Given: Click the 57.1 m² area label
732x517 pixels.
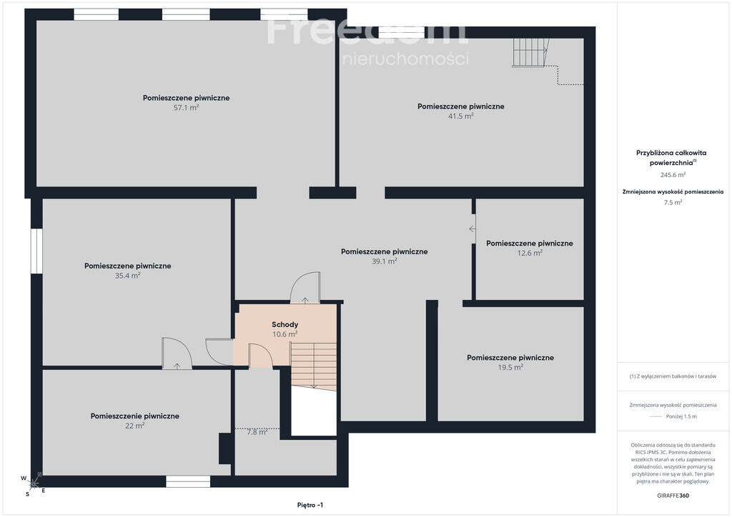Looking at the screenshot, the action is (187, 108).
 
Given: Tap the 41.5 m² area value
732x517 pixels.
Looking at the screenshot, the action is (461, 116).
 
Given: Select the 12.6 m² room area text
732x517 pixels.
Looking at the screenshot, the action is (530, 253).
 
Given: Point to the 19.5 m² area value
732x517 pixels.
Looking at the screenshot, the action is (510, 367).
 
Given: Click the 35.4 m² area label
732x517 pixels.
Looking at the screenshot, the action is (127, 276).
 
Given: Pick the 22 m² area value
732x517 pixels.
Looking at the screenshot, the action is (134, 426).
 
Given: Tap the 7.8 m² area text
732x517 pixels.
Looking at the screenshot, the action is (257, 432).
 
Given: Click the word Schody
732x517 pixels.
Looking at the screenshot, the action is (285, 324).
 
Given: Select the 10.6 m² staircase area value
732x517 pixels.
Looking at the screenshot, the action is (285, 334).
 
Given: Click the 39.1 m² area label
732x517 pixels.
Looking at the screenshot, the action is (384, 261).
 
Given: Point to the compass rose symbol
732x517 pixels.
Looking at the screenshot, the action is (34, 484).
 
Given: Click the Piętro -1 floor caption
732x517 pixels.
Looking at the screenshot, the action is (310, 505).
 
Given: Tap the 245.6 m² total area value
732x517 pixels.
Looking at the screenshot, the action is (673, 175).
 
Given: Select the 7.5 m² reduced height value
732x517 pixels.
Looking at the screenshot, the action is (673, 202).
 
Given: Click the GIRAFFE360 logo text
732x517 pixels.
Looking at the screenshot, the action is (673, 496).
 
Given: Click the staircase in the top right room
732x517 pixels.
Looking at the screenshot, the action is (531, 53).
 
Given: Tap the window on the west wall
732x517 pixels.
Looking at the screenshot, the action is (36, 251).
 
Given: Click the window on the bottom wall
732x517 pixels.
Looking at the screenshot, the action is (188, 481).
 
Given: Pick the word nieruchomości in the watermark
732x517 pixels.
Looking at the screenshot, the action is (406, 59).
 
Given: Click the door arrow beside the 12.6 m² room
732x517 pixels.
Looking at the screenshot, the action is (473, 229).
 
